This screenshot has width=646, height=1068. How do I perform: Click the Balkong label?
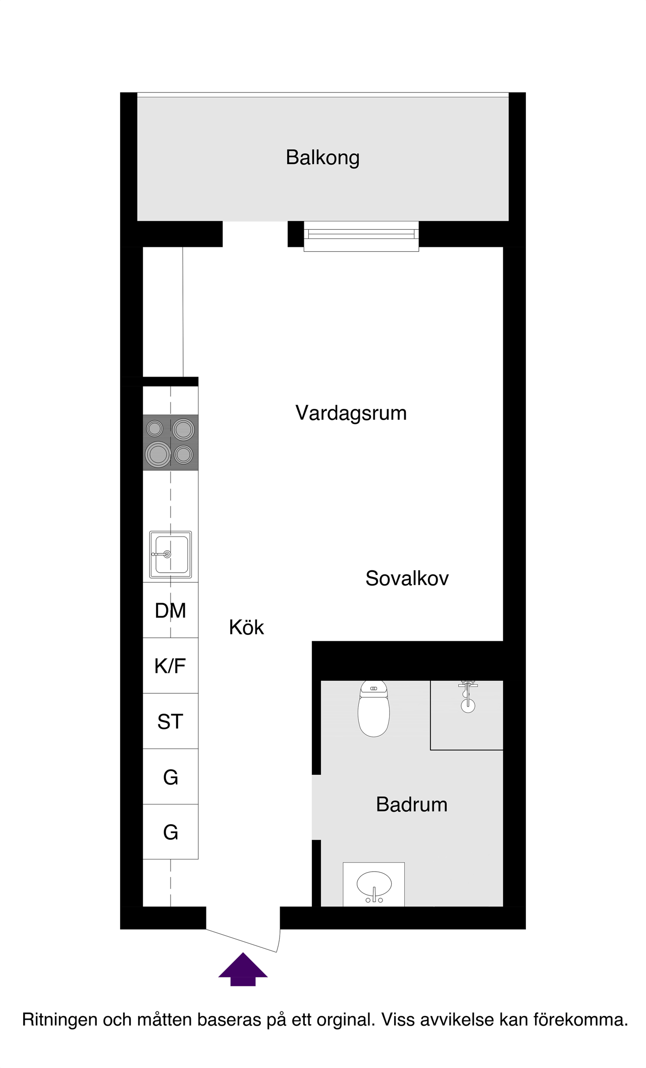coord(322,157)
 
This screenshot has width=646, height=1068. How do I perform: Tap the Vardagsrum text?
coord(351,413)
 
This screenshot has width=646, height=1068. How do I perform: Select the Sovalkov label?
coord(407,578)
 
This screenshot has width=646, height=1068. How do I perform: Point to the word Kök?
coord(246,627)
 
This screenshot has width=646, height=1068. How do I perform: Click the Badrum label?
coord(411,805)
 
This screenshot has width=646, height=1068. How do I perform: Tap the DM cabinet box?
coord(171,610)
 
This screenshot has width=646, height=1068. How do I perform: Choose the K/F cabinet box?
coord(171,666)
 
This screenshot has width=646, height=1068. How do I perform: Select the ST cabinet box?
coord(171,721)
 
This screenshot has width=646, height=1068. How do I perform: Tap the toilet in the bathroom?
coord(373,709)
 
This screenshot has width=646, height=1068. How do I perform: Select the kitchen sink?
coord(171,554)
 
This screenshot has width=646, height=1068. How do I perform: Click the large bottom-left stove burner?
coord(158,454)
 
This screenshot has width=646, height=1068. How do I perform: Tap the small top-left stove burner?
coord(155,429)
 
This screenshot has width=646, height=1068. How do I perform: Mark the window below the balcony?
coord(361,235)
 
